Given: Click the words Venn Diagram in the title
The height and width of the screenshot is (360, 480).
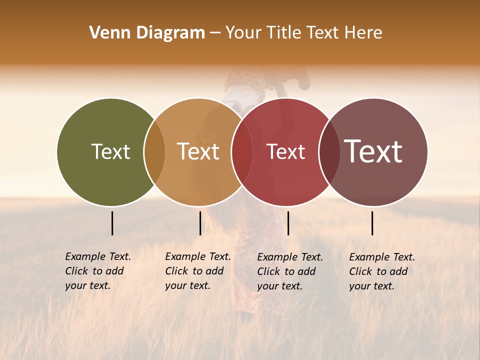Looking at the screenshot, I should click(147, 33).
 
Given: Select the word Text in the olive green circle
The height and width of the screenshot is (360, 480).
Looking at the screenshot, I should click(110, 151).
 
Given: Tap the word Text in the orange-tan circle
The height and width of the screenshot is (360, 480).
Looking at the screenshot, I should click(198, 151).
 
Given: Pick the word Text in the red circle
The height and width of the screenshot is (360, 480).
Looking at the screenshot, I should click(285, 151).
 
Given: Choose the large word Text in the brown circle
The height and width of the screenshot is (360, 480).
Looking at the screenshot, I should click(373, 151).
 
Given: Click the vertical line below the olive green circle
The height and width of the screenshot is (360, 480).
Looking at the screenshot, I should click(112, 223).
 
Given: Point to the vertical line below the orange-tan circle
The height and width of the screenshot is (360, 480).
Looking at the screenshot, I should click(200, 223).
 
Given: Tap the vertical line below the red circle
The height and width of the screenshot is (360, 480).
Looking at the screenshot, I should click(288, 223).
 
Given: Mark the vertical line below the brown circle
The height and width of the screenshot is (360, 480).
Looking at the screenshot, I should click(372, 223).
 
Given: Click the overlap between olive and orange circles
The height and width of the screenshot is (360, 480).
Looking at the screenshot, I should click(154, 151).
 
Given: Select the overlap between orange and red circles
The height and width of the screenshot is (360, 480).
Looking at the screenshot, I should click(241, 151).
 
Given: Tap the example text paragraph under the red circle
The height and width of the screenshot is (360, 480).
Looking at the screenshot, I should click(289, 271).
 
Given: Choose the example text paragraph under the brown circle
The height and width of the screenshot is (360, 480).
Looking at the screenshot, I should click(381, 271).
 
